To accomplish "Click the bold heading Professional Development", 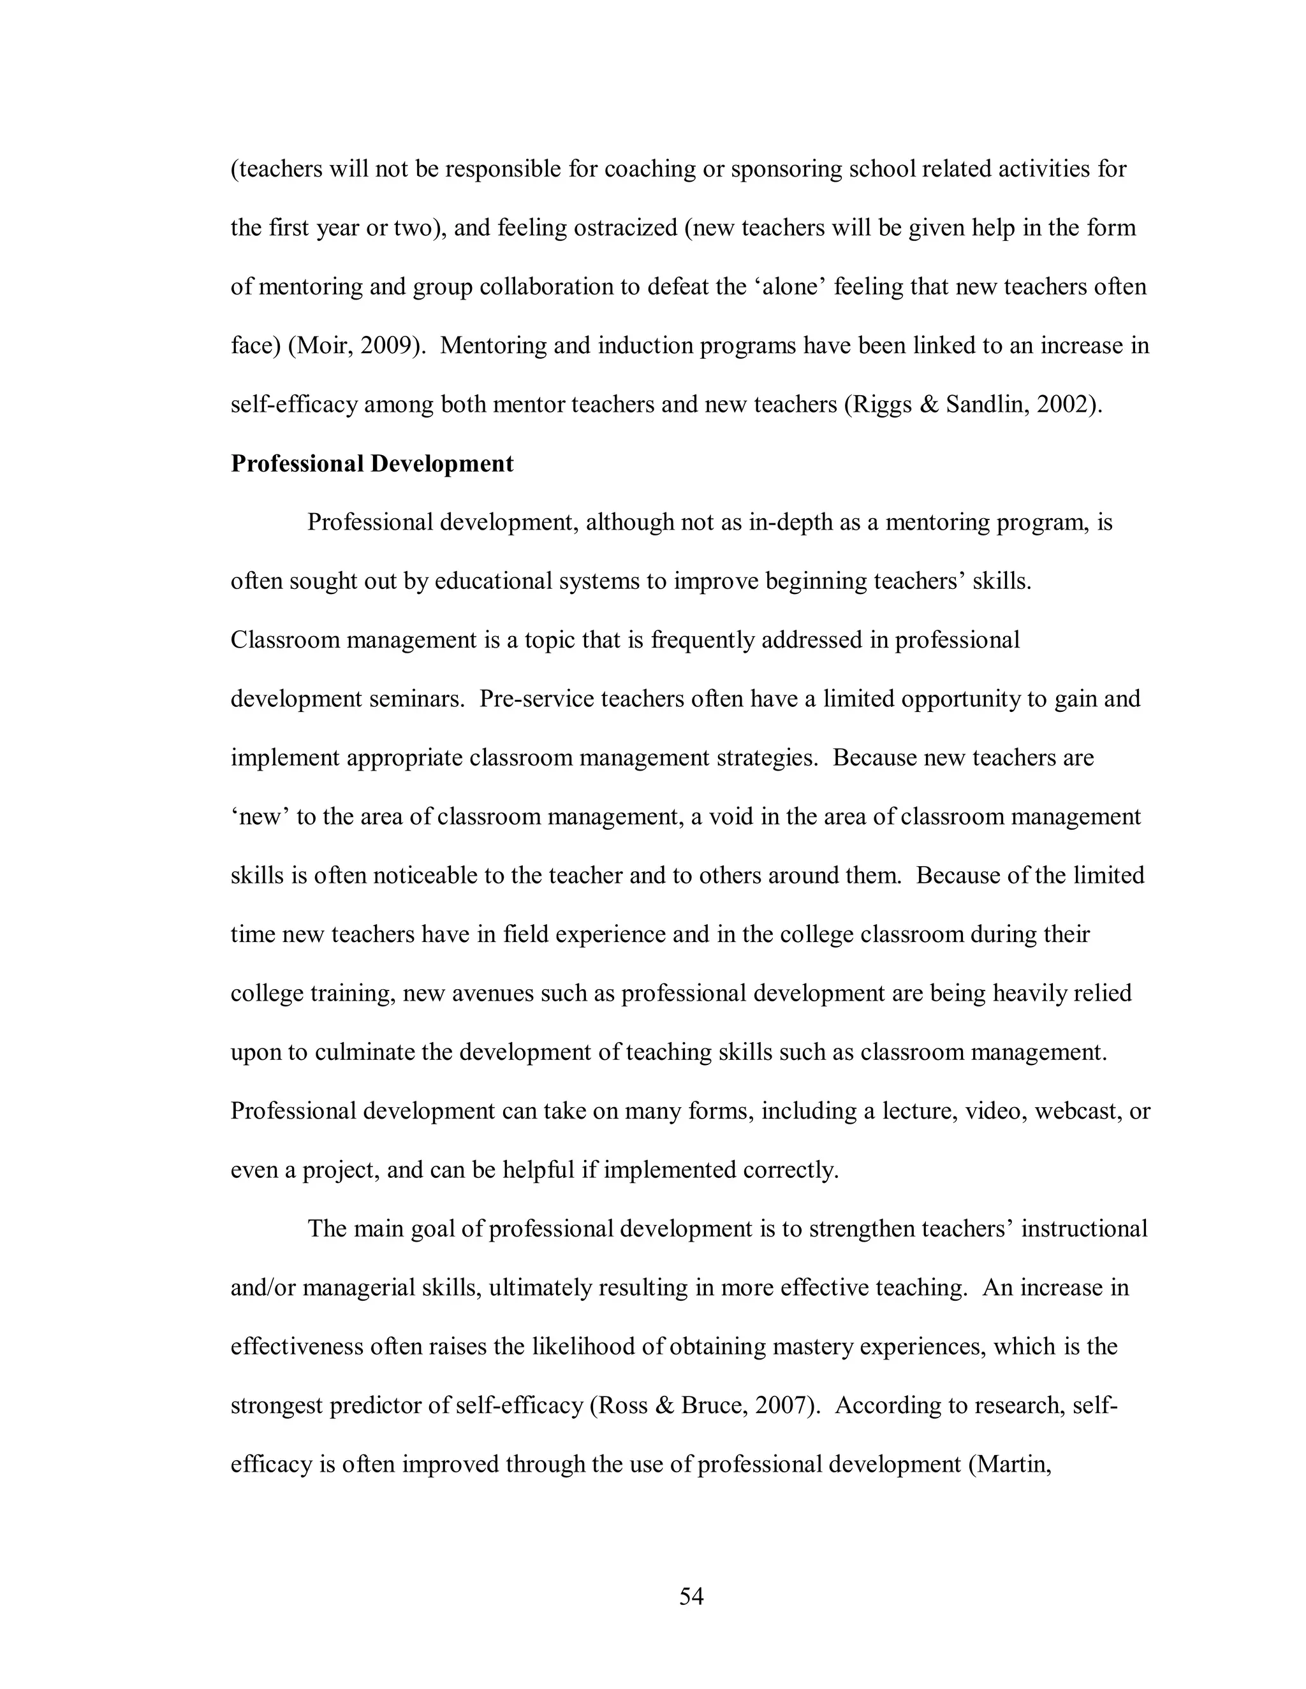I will point(372,463).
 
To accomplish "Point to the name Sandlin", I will point(987,405).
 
